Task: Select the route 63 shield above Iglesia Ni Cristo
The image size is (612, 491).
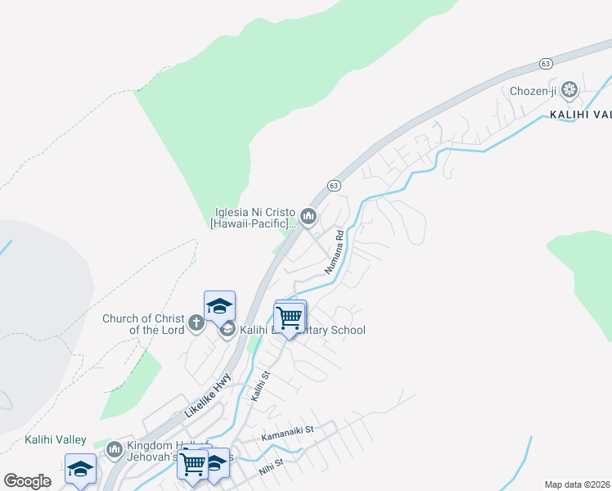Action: (334, 186)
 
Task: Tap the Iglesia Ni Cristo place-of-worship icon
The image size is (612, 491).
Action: (308, 216)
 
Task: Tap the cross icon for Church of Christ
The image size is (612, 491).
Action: (196, 322)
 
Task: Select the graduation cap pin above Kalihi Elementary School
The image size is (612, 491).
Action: (219, 306)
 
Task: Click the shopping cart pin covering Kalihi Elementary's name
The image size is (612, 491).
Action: (288, 318)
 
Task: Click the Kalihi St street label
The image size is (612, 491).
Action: (260, 386)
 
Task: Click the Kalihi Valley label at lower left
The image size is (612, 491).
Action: (56, 439)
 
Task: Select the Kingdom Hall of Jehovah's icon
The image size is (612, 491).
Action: (115, 448)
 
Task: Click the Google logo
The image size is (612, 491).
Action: (27, 480)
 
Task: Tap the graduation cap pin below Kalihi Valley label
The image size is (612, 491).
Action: (81, 469)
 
